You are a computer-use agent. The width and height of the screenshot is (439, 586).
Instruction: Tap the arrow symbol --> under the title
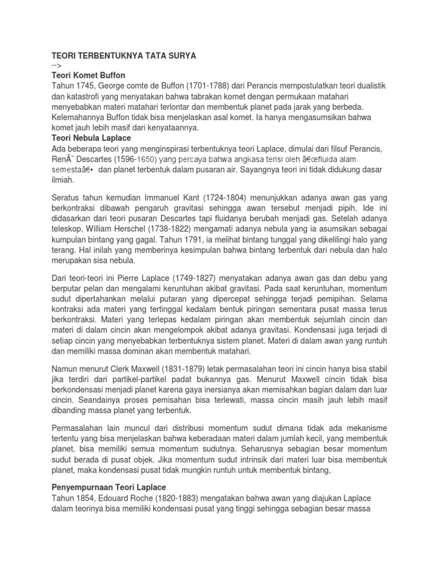click(58, 66)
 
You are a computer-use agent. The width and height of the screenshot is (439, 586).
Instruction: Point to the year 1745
click(85, 86)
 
